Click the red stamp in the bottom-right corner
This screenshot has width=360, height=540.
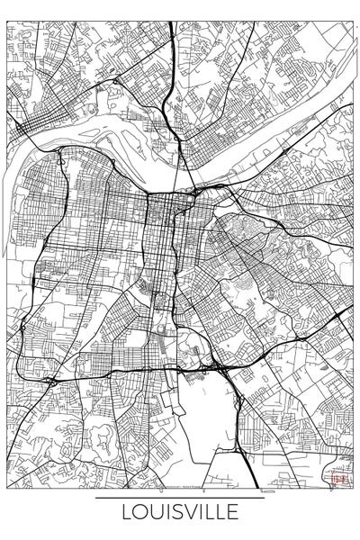click(x=339, y=480)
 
